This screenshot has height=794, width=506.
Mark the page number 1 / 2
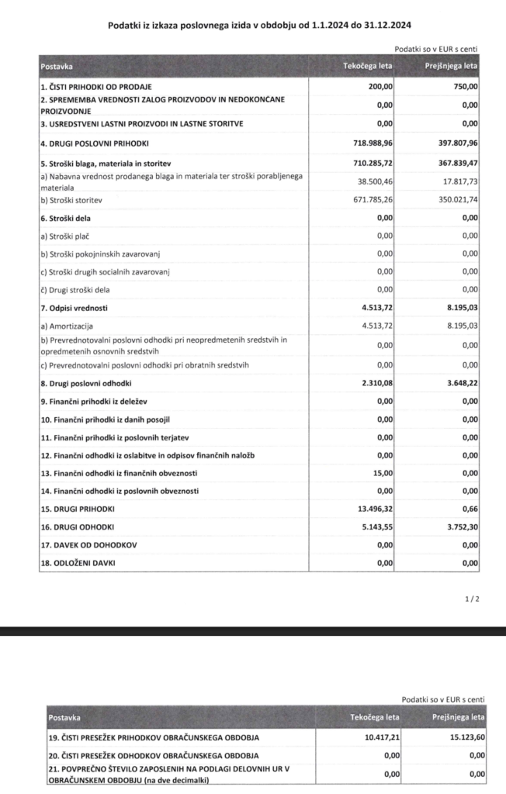pos(472,599)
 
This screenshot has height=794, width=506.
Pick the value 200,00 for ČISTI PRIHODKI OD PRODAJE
pos(380,86)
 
